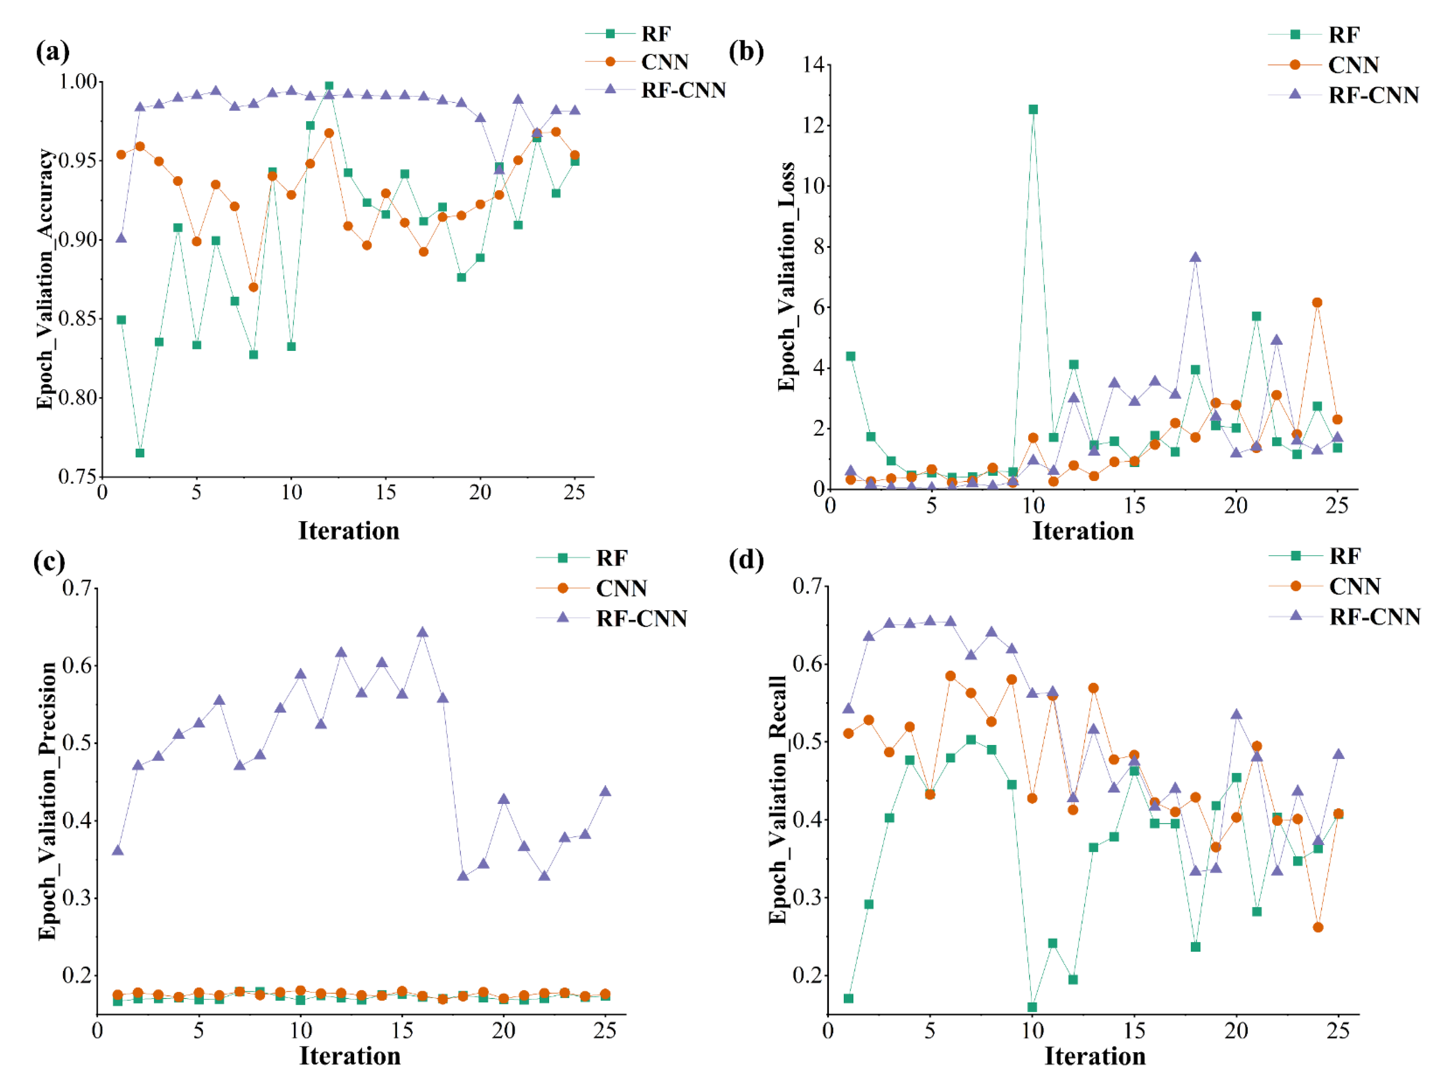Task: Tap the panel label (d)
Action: click(x=746, y=559)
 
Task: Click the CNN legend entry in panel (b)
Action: click(x=1352, y=65)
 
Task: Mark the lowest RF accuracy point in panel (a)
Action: click(x=140, y=453)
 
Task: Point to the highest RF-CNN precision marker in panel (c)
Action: click(x=422, y=632)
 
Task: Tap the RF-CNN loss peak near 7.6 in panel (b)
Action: click(x=1195, y=257)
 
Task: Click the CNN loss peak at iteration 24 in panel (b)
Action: click(x=1317, y=302)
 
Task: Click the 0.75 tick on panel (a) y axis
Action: click(x=77, y=477)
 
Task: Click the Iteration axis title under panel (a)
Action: click(x=349, y=531)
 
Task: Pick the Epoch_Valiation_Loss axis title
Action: click(x=786, y=277)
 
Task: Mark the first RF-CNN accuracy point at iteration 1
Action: click(x=121, y=238)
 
